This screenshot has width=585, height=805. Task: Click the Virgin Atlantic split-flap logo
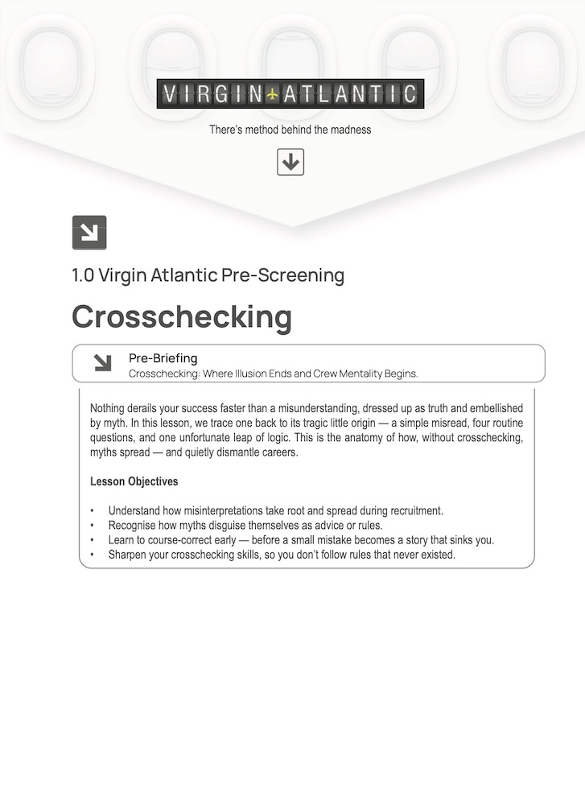pos(290,94)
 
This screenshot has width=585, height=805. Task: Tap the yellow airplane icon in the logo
pos(273,94)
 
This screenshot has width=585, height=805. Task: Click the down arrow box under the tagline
pos(290,162)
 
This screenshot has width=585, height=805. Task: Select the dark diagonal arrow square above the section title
pos(89,233)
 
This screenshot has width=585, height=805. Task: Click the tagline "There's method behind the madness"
pos(290,130)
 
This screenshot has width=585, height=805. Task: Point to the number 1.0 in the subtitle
pos(83,275)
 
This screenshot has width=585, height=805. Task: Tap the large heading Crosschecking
pos(182,316)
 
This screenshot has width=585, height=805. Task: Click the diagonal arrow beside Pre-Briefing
pos(102,363)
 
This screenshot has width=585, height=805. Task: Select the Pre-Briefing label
pos(163,358)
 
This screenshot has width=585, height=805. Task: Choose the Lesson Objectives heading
pos(134,482)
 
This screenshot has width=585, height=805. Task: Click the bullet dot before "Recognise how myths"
pos(93,526)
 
